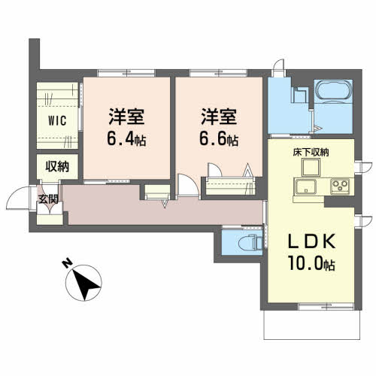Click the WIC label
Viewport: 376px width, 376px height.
(57, 120)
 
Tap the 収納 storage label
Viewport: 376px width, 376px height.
(57, 166)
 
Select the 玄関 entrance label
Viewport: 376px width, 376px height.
(48, 199)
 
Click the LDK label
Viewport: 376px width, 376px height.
(311, 241)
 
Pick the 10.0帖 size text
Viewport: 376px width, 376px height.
(311, 263)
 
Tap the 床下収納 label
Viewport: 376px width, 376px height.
(311, 153)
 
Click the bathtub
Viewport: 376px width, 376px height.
(334, 91)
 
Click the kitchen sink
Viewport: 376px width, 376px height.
(305, 186)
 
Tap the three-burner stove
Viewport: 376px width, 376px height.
(340, 186)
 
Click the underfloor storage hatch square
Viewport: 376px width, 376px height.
(311, 167)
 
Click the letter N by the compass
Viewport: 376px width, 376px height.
(67, 263)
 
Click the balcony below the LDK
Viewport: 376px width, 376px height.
(312, 325)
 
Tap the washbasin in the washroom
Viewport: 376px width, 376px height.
(300, 95)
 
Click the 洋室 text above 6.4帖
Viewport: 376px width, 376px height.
(126, 117)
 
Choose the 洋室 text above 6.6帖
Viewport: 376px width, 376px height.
(219, 117)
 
